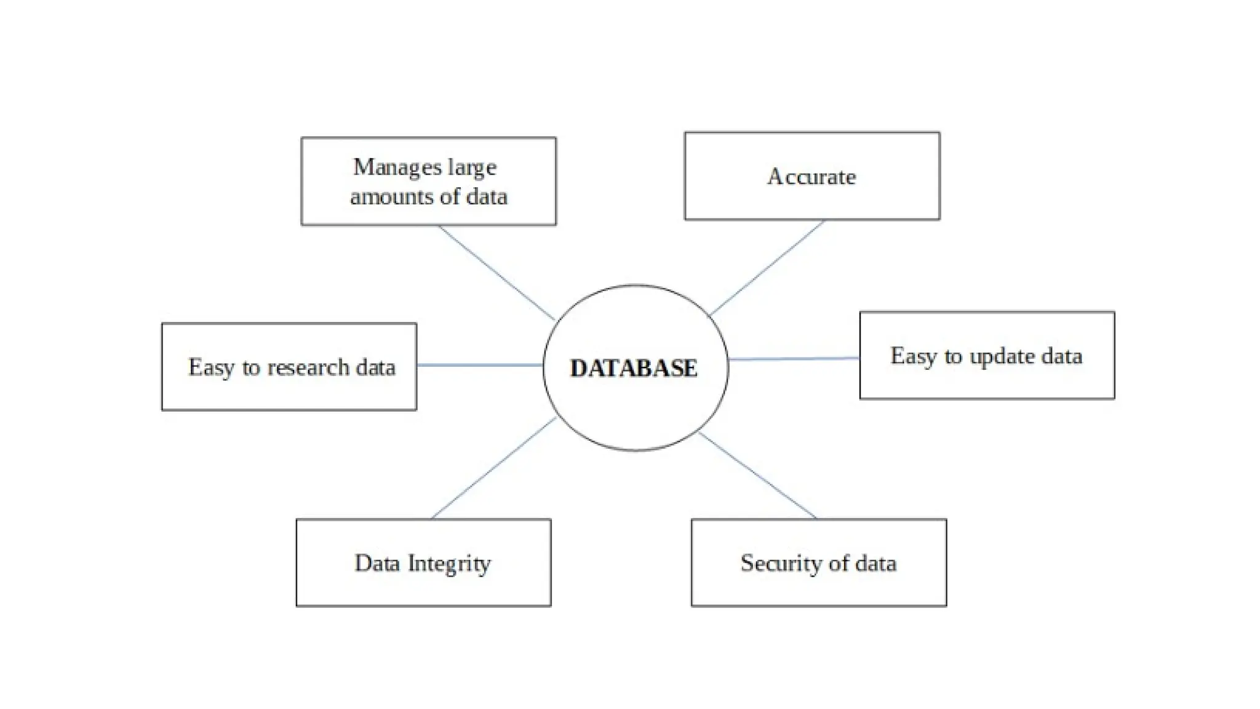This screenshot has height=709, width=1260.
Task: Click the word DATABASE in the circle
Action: point(634,368)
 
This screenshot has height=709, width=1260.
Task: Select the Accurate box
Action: point(811,177)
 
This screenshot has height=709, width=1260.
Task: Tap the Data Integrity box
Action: point(423,563)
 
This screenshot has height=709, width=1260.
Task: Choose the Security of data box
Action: point(818,563)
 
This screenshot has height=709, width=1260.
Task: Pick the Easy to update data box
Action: point(986,356)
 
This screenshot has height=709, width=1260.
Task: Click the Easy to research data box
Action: point(289,367)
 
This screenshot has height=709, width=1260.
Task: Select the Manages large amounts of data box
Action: point(428,182)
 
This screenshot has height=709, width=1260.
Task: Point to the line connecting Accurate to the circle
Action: point(767,268)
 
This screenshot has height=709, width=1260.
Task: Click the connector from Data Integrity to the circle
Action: point(494,468)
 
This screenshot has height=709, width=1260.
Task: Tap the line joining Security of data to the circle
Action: point(758,475)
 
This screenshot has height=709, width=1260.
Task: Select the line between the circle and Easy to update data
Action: point(794,358)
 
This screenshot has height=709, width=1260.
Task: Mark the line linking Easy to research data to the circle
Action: point(480,365)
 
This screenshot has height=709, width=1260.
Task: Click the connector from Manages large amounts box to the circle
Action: point(496,273)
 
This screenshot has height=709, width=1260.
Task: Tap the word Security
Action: point(778,563)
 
